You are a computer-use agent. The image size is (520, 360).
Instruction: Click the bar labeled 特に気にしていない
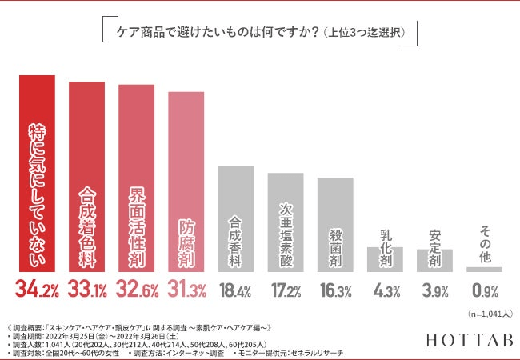(x=37, y=174)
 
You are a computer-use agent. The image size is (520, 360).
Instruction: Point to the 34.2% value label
(x=37, y=290)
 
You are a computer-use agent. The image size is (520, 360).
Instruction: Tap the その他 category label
(x=484, y=243)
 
